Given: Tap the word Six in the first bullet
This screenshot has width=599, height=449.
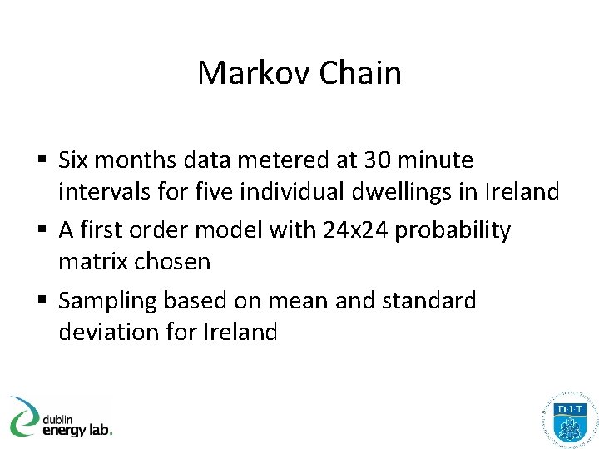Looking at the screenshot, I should [x=76, y=160].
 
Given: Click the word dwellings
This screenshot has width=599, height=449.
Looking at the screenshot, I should [x=412, y=193].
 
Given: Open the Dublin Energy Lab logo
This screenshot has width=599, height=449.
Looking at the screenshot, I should [x=60, y=417].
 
